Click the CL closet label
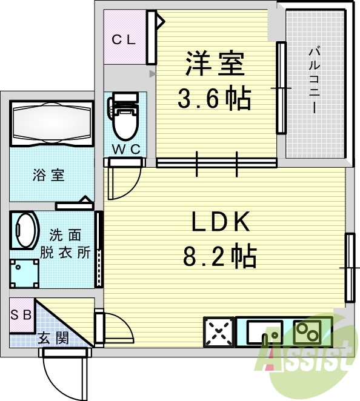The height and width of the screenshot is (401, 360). (x=124, y=39)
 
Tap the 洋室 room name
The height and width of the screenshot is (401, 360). (x=215, y=63)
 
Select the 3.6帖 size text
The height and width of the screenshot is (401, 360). (x=214, y=99)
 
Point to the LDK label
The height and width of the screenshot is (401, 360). (x=221, y=221)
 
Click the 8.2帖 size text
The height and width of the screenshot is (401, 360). (x=219, y=256)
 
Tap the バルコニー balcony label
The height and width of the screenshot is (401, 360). (x=315, y=81)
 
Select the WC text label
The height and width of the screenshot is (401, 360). (x=127, y=149)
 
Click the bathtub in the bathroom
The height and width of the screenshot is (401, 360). (x=52, y=123)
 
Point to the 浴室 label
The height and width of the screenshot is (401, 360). (x=48, y=176)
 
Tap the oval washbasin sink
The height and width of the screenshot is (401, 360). (x=25, y=230)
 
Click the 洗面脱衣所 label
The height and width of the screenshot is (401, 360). (x=65, y=244)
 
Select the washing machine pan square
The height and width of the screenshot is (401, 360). (x=25, y=273)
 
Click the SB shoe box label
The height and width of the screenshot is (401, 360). (x=21, y=314)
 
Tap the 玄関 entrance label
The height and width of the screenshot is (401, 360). (x=53, y=339)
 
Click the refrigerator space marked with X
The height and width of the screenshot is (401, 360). (x=219, y=332)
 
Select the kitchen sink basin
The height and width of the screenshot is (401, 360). (x=265, y=332)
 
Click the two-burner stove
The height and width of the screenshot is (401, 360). (x=307, y=332)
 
